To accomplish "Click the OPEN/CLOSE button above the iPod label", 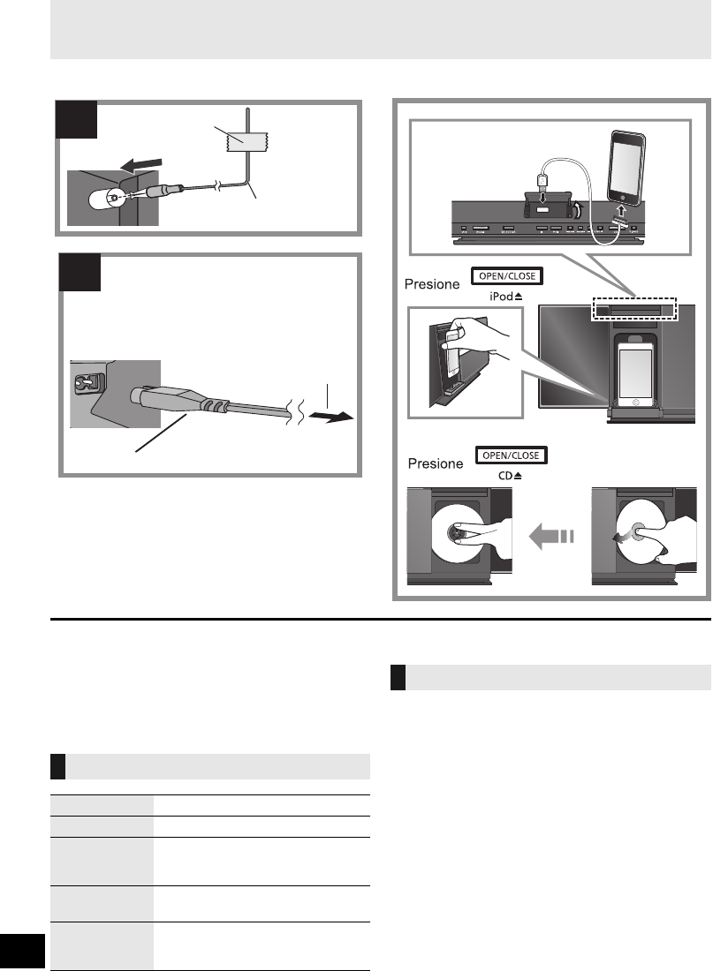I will point(506,276).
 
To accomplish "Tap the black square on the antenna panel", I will point(77,120).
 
